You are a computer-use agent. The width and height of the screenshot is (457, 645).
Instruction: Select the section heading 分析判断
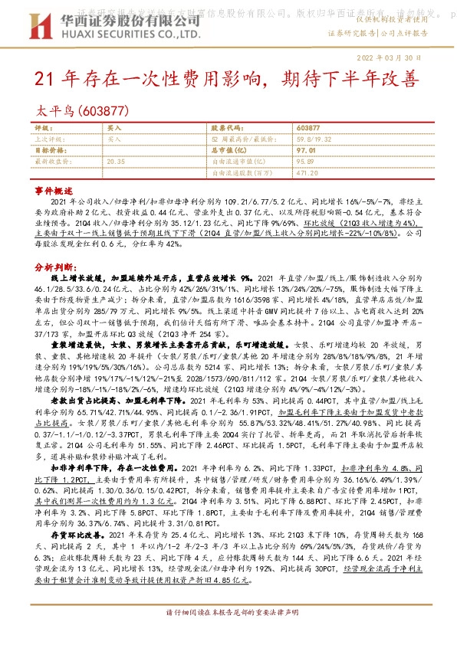[53, 267]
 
